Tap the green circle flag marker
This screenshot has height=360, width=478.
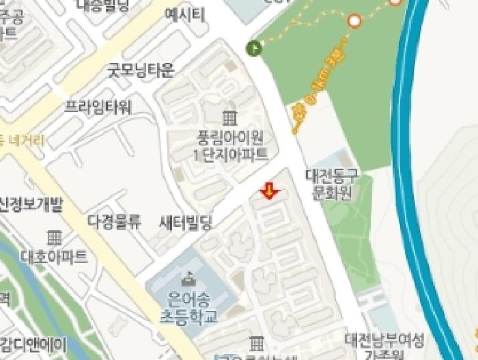pos(254,47)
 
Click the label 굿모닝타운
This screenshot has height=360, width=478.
pos(141,70)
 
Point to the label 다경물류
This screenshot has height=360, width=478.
pos(114,221)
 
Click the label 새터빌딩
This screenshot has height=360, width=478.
pos(185,222)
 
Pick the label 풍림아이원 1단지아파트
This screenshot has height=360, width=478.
pos(230,146)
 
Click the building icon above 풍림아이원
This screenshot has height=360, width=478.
pos(230,117)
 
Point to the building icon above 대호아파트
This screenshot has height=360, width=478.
pos(54,238)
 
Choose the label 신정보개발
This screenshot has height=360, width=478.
pos(31,204)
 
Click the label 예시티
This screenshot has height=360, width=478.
pos(184,15)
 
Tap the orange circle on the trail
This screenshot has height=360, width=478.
pos(354,21)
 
